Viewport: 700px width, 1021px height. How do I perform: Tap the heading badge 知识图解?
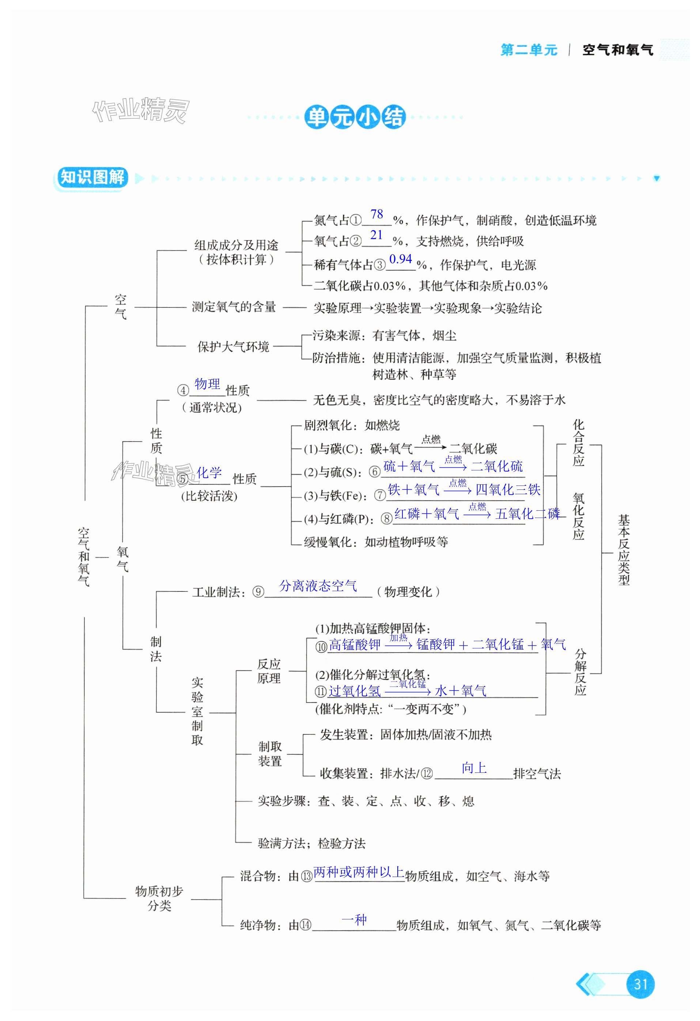pyautogui.click(x=92, y=178)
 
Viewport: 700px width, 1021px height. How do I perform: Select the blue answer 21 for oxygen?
pyautogui.click(x=376, y=235)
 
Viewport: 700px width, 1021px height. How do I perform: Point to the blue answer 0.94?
pyautogui.click(x=400, y=259)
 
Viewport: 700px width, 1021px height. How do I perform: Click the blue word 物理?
pyautogui.click(x=207, y=383)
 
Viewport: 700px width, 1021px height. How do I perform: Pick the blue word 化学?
pyautogui.click(x=209, y=472)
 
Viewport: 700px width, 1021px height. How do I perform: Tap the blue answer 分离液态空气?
pyautogui.click(x=318, y=585)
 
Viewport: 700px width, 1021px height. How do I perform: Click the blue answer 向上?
pyautogui.click(x=474, y=768)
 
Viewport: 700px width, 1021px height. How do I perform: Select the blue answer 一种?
pyautogui.click(x=354, y=919)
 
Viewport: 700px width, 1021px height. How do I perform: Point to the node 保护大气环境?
pyautogui.click(x=233, y=347)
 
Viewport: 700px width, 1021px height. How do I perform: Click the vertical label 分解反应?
pyautogui.click(x=580, y=672)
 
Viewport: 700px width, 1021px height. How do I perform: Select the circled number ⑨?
pyautogui.click(x=258, y=592)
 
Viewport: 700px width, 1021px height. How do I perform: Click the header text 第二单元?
pyautogui.click(x=529, y=50)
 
